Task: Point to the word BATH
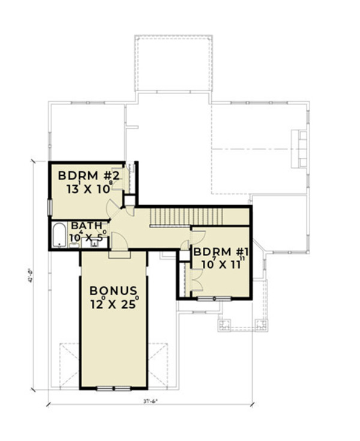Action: click(x=83, y=226)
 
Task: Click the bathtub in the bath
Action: click(x=59, y=236)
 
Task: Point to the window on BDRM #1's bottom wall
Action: click(x=214, y=298)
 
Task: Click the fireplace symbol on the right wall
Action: click(x=298, y=146)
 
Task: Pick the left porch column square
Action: click(x=226, y=326)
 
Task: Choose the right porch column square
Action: click(x=262, y=326)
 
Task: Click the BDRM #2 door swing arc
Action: click(x=112, y=208)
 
